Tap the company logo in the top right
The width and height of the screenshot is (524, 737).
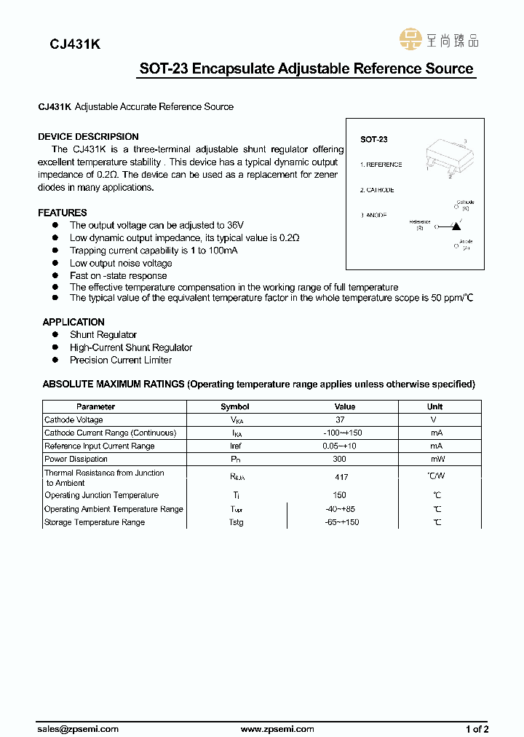click(439, 40)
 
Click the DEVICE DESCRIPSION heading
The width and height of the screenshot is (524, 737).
click(88, 136)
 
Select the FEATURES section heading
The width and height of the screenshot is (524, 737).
click(63, 213)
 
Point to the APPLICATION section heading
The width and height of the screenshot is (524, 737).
click(74, 322)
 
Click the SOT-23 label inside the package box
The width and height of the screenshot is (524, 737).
click(373, 139)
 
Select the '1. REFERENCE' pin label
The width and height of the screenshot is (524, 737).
click(381, 165)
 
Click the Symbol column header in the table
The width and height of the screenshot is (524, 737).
click(235, 406)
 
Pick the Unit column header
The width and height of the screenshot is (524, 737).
click(435, 406)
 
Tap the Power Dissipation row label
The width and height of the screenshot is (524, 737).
click(76, 459)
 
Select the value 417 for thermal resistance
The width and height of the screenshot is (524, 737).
click(341, 477)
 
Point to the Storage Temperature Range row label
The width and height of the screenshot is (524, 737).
click(95, 522)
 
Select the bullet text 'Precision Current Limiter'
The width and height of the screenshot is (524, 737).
click(121, 360)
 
